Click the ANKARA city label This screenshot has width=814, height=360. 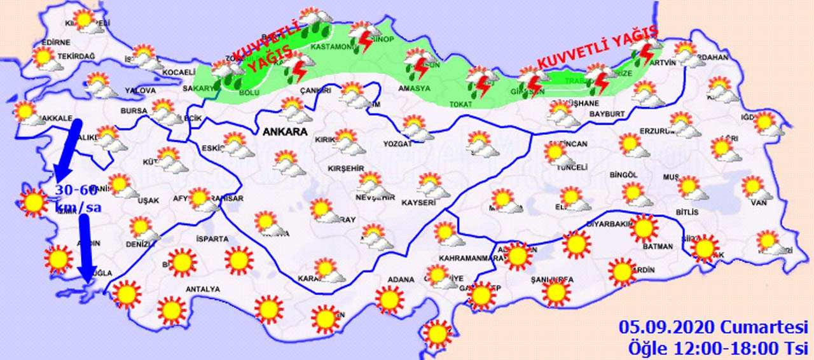284,132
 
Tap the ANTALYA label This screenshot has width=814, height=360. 202,289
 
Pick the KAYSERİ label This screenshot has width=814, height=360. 418,203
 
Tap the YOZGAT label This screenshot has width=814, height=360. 397,144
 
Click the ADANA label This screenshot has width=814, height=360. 402,279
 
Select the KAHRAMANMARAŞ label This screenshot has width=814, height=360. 467,258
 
